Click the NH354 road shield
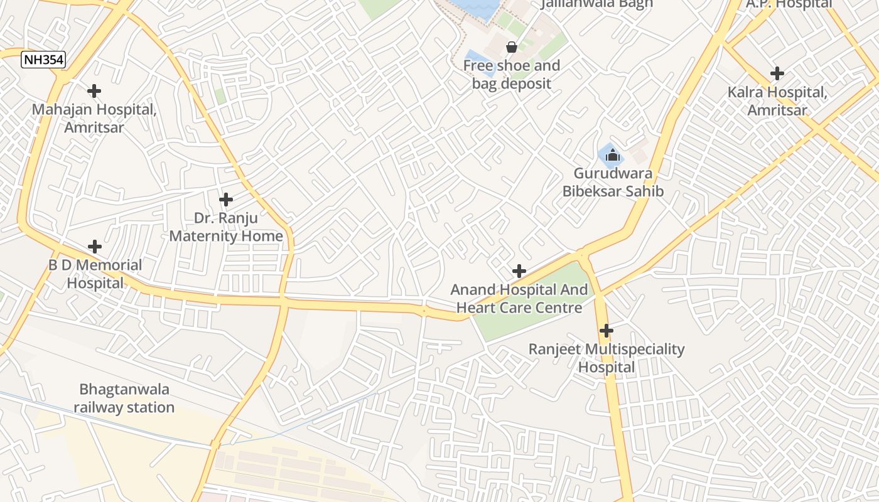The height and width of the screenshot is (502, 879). coord(43,60)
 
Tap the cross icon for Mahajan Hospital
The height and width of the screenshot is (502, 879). coord(94,91)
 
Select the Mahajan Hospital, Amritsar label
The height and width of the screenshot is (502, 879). coord(95,119)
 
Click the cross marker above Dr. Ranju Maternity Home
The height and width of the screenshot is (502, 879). coord(226,200)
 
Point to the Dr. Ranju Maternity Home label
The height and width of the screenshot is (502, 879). coord(226,227)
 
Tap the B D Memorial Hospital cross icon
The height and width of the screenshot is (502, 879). coord(95,247)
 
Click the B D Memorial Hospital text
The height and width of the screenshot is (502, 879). coord(95,274)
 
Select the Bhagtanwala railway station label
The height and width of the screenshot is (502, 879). coord(124,398)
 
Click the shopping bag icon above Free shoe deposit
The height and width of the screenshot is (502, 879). coord(512,47)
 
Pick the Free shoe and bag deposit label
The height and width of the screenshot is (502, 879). coord(512,75)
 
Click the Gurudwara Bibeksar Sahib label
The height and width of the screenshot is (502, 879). coord(613,183)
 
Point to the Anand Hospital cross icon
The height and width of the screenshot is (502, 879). coord(519,271)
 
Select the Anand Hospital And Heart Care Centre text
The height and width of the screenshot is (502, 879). coord(519,299)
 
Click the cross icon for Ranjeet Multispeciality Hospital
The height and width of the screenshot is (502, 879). coord(607,330)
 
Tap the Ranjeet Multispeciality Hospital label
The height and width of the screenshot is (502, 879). coord(607,358)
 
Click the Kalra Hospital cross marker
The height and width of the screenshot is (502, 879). coord(777,73)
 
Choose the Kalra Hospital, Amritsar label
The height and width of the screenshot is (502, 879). coord(777,101)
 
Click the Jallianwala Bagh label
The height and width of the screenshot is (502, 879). coord(597,4)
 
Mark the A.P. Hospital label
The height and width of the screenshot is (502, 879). coord(789,4)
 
